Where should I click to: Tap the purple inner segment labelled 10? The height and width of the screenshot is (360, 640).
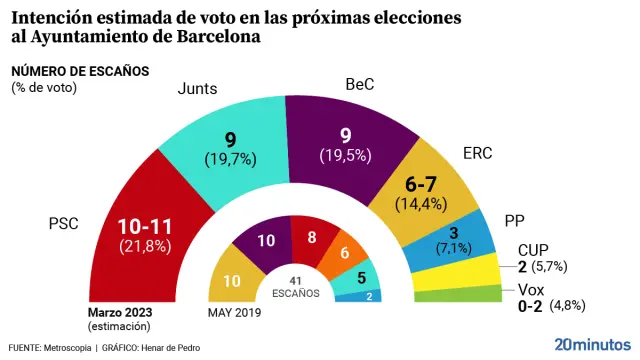266,241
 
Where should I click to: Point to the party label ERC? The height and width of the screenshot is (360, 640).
477,153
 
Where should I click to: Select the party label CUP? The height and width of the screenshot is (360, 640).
533,251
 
